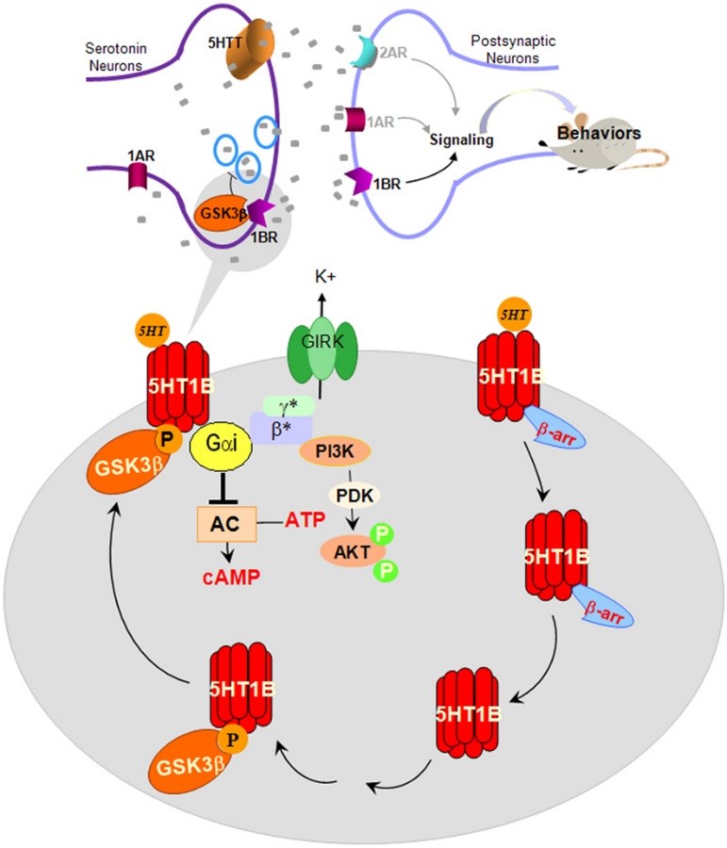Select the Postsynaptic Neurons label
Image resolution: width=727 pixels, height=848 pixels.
[x=507, y=50]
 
